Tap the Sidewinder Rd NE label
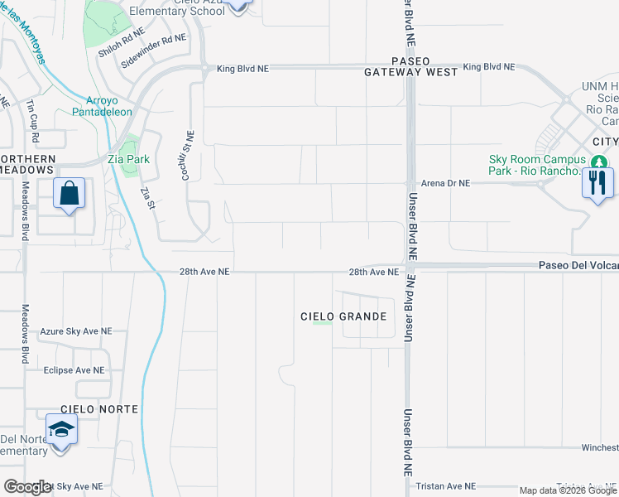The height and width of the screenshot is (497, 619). click(153, 51)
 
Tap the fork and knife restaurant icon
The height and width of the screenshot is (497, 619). click(597, 181)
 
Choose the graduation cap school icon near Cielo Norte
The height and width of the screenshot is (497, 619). click(60, 431)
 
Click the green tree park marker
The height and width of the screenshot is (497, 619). click(598, 161)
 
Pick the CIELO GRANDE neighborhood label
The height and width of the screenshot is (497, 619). click(343, 316)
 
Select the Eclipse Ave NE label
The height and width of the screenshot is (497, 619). click(74, 370)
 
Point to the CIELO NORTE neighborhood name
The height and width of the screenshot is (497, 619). click(98, 409)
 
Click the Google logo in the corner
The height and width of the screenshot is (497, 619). click(27, 487)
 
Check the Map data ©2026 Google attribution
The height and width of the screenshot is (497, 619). click(567, 490)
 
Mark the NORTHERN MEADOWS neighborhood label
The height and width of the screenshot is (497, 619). click(28, 164)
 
